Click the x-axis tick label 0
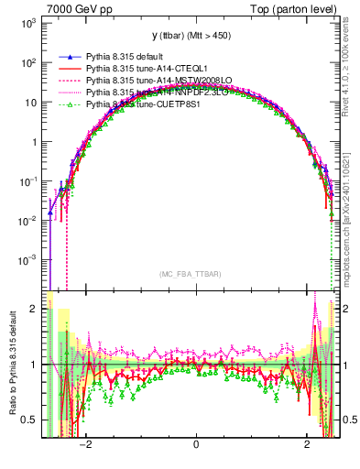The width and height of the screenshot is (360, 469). pos(196,444)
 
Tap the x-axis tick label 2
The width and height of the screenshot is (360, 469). pos(307,444)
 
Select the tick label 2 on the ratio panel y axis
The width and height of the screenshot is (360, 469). pos(32,309)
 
